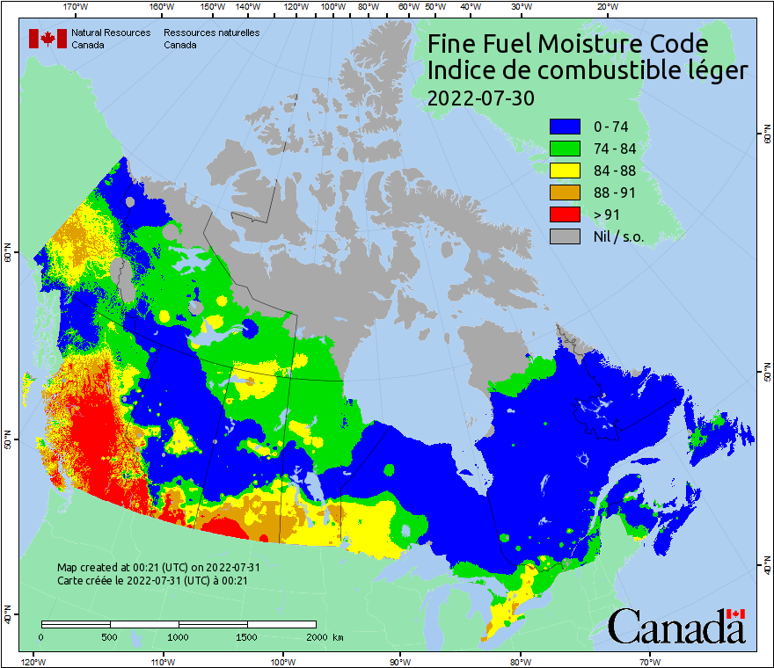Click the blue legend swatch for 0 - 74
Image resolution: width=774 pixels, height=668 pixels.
tap(567, 127)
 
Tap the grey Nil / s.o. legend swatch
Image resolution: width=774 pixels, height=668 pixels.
tap(567, 236)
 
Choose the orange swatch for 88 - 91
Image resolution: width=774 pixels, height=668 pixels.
tap(567, 192)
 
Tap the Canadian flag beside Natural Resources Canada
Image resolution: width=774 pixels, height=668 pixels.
tap(47, 38)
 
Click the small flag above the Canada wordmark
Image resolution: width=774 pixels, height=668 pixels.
tap(736, 614)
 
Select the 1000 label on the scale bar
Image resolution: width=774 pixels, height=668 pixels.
tap(179, 636)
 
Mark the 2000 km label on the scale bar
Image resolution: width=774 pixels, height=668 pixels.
tap(325, 636)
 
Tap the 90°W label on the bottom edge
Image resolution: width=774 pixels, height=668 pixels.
tap(400, 661)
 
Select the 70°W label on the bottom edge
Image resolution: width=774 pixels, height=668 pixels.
tap(650, 661)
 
